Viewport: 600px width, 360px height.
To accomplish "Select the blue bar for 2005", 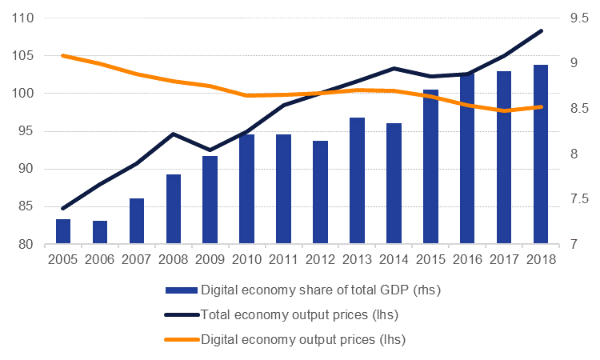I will pos(63,231).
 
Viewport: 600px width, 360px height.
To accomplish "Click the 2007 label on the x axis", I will pos(137,259).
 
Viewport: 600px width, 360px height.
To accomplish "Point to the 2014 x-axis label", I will pos(394,259).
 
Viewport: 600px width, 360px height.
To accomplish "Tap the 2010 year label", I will pos(247,259).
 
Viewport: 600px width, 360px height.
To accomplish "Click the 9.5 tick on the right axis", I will pos(578,18).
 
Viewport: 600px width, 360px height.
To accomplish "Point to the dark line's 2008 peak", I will pos(174,134).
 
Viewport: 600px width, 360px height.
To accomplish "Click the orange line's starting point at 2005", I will pos(63,56).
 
